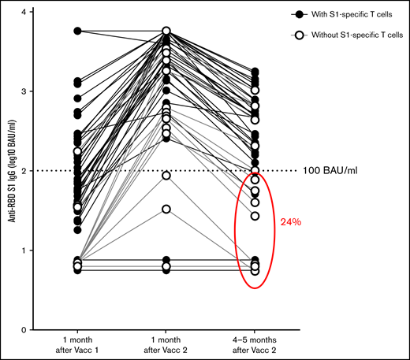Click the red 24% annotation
tap(291, 222)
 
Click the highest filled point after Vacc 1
tap(77, 31)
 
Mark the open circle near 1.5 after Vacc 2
tap(166, 210)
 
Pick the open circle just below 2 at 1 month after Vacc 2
tap(166, 175)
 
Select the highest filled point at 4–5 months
tap(255, 72)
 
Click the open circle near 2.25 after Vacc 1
tap(77, 151)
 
